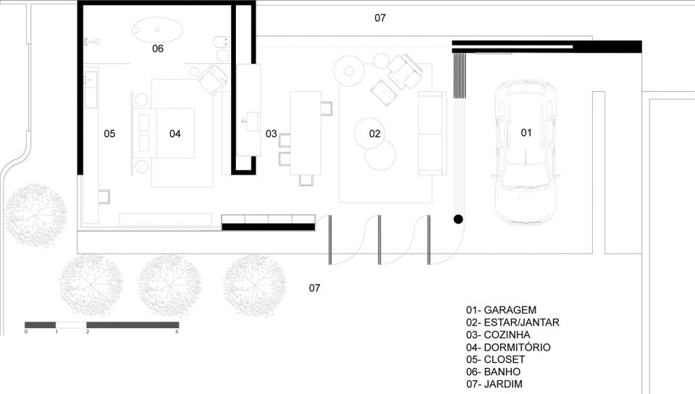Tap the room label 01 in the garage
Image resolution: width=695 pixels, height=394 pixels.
click(526, 133)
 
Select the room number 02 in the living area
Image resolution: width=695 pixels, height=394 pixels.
click(374, 134)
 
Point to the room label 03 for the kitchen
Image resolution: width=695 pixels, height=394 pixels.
click(271, 134)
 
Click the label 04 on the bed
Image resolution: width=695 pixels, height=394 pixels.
click(175, 134)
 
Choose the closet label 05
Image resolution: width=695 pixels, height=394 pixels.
click(109, 134)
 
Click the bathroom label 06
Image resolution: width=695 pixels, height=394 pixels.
click(158, 49)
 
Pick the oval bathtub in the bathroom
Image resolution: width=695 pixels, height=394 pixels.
click(157, 30)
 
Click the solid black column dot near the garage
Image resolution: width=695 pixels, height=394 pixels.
click(458, 219)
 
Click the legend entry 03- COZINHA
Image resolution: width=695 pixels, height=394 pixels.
click(498, 335)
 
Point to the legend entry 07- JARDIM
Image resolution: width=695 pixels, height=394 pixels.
click(494, 385)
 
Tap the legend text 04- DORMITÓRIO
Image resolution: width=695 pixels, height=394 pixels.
click(508, 348)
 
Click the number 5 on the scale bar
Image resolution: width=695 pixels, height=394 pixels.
click(177, 332)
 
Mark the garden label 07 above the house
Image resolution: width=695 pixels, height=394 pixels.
click(380, 18)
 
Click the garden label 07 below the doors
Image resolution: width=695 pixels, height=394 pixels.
click(315, 288)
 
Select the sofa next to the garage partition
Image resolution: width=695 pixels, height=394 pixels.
click(432, 133)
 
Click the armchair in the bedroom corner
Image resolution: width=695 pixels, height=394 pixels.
click(213, 80)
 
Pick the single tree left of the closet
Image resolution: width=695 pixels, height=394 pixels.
click(35, 215)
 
